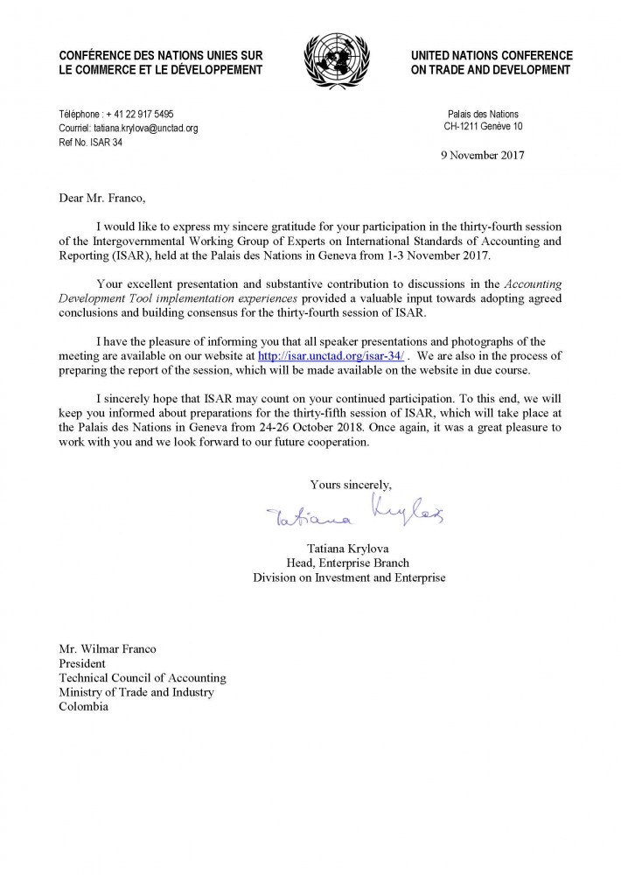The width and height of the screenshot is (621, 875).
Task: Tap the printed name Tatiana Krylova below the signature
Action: click(349, 549)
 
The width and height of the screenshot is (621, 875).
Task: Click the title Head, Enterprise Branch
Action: click(349, 563)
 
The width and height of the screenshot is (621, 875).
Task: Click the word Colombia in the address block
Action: click(84, 706)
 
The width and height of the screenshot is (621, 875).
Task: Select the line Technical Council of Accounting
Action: click(142, 678)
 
